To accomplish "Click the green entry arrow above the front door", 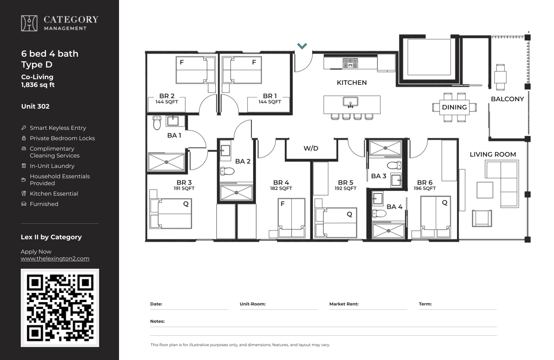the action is click(302, 46).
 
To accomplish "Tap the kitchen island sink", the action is click(351, 102).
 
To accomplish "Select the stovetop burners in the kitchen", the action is click(350, 63).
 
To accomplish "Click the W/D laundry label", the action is click(311, 148).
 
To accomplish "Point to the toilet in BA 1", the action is click(157, 122).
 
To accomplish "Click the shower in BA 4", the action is click(388, 231).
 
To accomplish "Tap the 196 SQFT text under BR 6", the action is click(425, 188).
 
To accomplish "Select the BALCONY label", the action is click(507, 99).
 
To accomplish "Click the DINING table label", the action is click(454, 107).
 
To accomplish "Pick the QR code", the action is click(60, 308).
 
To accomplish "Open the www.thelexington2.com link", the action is click(55, 259).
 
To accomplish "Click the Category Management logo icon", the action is click(29, 23).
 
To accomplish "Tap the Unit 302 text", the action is click(35, 106).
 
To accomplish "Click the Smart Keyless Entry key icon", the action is click(24, 128).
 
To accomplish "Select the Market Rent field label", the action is click(344, 304).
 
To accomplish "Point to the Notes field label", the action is click(157, 321).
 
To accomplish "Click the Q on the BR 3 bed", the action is click(186, 204).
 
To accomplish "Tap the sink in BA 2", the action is click(225, 150).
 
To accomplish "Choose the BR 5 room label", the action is click(345, 183).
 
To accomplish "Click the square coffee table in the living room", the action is click(485, 190).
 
